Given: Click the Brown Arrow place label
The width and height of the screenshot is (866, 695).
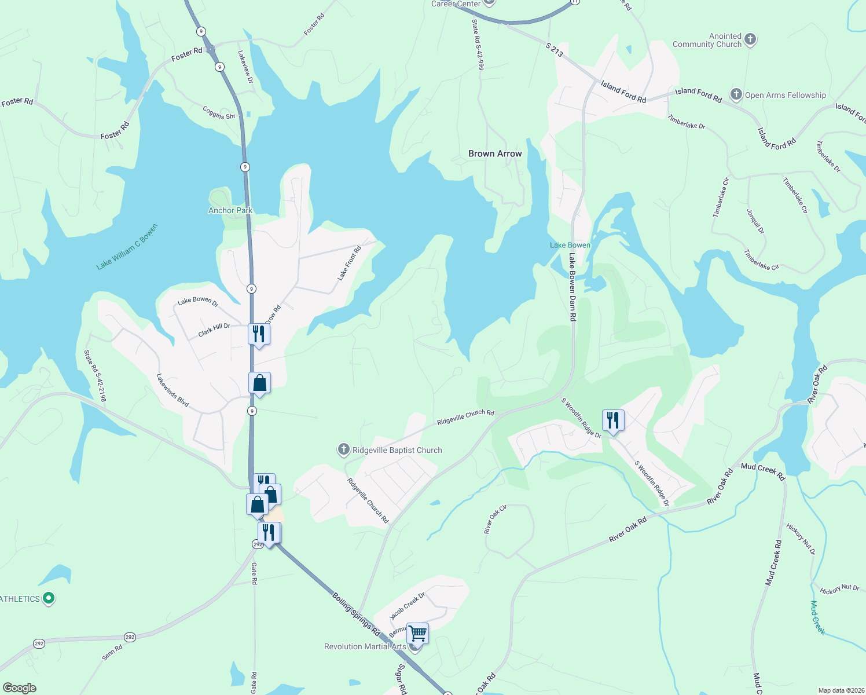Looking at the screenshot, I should click(x=495, y=153).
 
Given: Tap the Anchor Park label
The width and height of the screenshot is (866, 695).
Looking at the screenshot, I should click(x=230, y=210).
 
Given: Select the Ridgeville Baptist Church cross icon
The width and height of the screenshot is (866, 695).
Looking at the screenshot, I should click(x=343, y=449).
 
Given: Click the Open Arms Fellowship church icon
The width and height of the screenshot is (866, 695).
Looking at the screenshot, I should click(x=736, y=94).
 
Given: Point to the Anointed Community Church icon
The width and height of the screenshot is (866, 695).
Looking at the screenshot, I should click(x=750, y=39).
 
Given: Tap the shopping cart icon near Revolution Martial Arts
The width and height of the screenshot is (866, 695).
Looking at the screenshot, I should click(x=417, y=634).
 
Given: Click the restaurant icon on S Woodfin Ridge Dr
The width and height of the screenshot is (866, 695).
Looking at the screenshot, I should click(x=612, y=420).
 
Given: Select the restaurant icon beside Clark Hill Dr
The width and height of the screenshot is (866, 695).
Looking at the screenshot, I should click(x=259, y=334).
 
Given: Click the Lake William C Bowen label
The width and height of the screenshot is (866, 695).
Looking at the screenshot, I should click(x=127, y=247).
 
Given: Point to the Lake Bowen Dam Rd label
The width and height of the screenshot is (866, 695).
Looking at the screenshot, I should click(x=572, y=287).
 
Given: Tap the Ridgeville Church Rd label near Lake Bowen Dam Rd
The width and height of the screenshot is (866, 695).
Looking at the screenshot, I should click(x=465, y=417).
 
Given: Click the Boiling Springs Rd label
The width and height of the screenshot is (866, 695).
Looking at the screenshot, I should click(x=356, y=613).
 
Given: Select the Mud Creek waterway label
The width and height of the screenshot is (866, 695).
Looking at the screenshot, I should click(x=817, y=617).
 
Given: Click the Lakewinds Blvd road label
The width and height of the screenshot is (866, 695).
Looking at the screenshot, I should click(x=173, y=390).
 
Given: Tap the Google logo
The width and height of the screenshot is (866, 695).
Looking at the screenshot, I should click(x=19, y=688).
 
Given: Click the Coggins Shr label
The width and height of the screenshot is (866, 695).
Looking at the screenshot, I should click(x=219, y=112).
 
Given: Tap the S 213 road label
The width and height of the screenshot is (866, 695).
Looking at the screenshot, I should click(x=554, y=50).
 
